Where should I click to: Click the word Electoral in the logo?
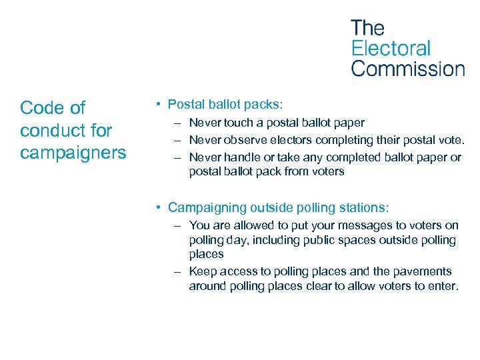391,49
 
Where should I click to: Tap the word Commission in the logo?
407,69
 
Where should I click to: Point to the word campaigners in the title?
73,153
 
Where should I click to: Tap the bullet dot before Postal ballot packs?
155,105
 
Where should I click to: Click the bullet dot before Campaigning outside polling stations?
155,207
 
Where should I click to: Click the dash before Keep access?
177,271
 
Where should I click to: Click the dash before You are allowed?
177,225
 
